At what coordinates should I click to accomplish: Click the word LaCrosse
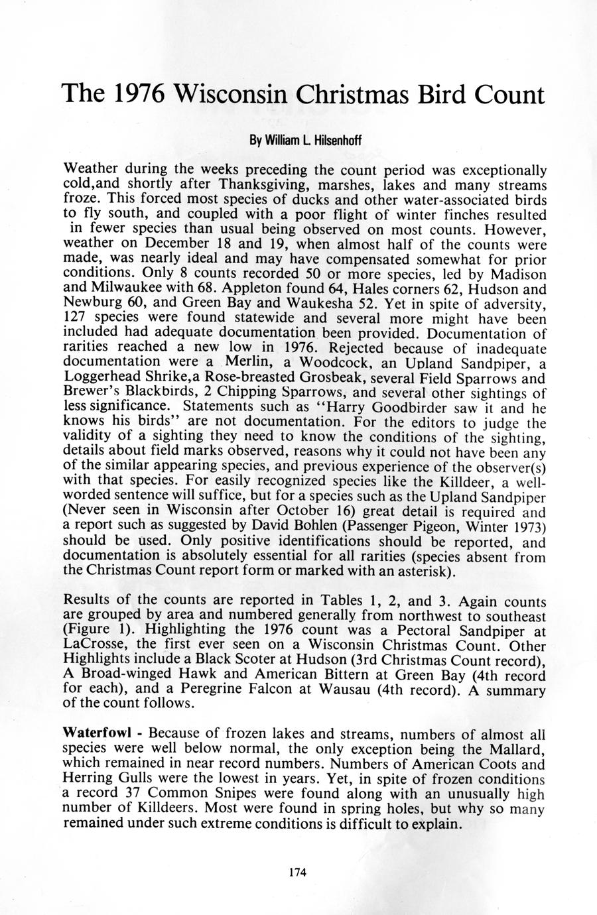point(94,646)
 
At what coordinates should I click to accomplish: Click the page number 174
point(298,873)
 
